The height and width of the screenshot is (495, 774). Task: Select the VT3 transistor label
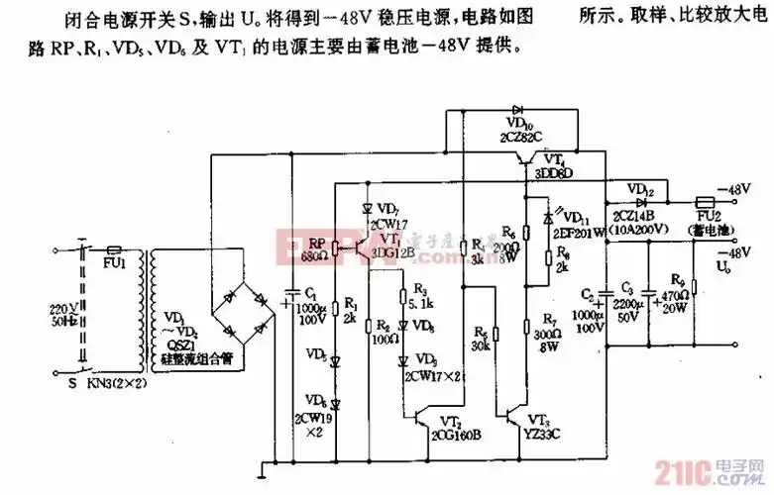[538, 420]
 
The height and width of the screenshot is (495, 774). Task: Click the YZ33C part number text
[540, 433]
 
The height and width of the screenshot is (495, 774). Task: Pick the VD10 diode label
[519, 125]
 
